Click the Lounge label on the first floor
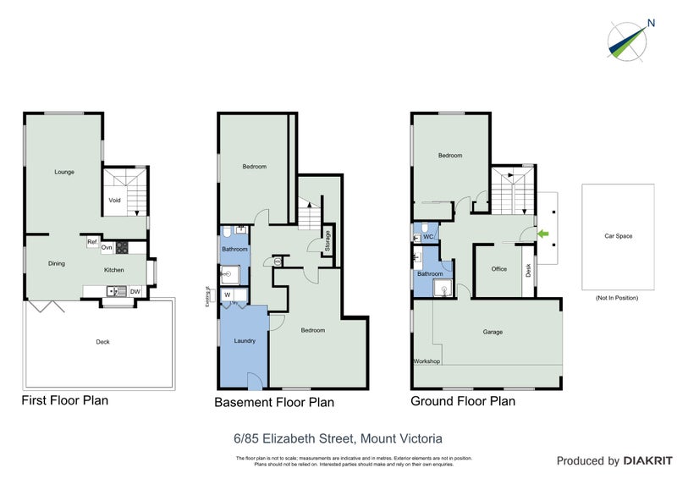[x=64, y=172]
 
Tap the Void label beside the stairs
[x=114, y=201]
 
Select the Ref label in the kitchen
[x=91, y=242]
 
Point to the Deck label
[x=102, y=342]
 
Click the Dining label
[x=56, y=263]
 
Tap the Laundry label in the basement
[x=244, y=340]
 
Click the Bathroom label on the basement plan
[x=234, y=249]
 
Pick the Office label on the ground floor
[x=498, y=269]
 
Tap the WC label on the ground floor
[x=428, y=236]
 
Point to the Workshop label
[x=426, y=361]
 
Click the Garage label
[x=493, y=332]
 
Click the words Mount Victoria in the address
[x=401, y=438]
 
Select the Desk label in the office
[x=529, y=270]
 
